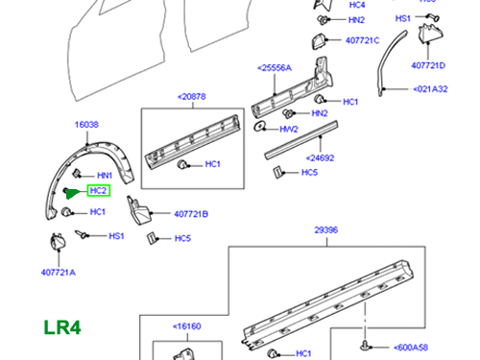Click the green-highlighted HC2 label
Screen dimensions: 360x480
[99, 191]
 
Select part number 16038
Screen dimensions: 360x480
[88, 126]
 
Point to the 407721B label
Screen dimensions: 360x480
[191, 214]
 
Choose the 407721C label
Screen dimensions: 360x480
[362, 40]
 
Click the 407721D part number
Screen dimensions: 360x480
[428, 65]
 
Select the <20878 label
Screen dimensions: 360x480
[193, 96]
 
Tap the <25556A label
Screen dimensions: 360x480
[276, 68]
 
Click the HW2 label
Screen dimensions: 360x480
[289, 128]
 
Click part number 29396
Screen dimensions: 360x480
[327, 231]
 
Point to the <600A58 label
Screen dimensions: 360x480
[414, 348]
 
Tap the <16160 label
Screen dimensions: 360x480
[189, 326]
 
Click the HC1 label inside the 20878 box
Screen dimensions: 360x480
[212, 165]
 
